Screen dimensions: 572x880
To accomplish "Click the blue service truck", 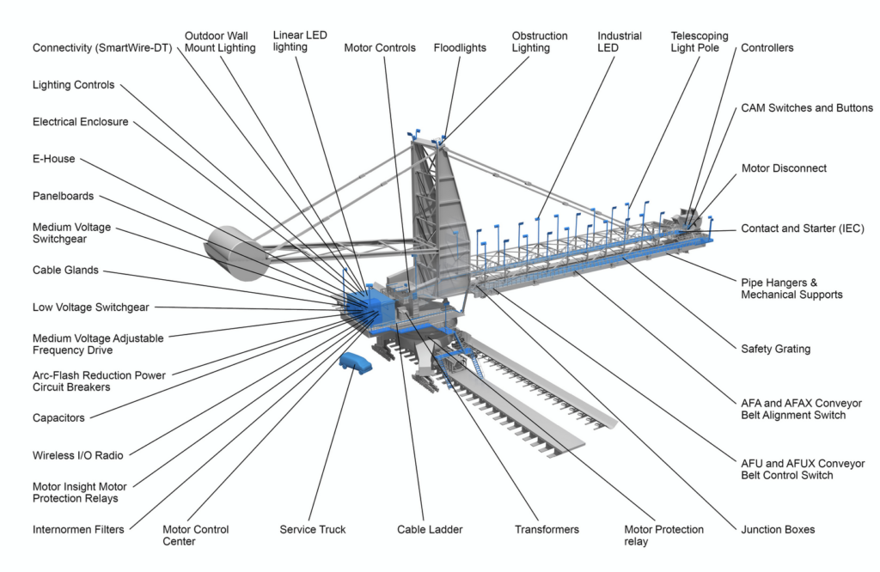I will [x=356, y=363].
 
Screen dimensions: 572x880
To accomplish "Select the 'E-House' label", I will [x=53, y=159].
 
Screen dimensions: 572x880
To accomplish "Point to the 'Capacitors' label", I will [x=58, y=417].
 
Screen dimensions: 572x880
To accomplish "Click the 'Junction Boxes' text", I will [x=778, y=529].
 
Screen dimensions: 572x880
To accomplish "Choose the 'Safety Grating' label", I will [x=775, y=349].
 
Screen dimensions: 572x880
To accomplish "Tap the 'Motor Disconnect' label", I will [x=784, y=168].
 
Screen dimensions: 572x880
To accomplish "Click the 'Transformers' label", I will [x=547, y=529].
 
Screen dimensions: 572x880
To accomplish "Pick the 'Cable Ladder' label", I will [x=430, y=529].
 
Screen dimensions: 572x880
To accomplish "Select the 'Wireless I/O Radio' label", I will [x=77, y=455].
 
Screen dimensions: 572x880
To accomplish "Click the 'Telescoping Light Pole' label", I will [x=700, y=42].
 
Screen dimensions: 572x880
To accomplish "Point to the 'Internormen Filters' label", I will [x=78, y=529].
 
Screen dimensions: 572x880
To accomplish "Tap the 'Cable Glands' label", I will [x=65, y=271].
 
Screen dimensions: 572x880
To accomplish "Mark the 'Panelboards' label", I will [x=63, y=196].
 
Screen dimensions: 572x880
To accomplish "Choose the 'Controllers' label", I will [x=767, y=48].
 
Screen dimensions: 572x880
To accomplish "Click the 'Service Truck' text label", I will [x=313, y=529].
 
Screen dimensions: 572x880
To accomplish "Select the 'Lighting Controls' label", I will [x=73, y=85].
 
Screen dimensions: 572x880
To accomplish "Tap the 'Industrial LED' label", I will [x=620, y=42].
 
